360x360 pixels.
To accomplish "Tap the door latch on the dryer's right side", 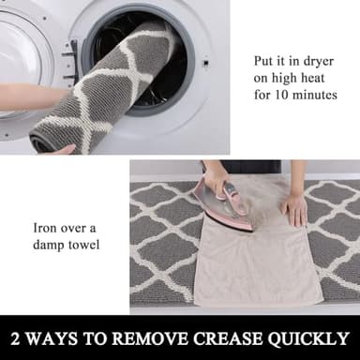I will pos(203,63).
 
